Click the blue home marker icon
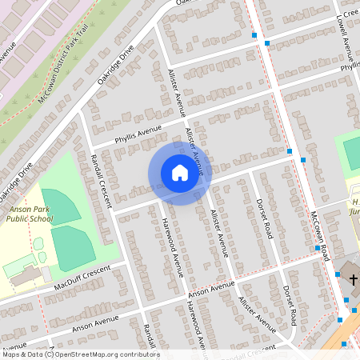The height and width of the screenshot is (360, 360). pos(180,173)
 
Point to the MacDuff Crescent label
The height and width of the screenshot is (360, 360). pos(80,275)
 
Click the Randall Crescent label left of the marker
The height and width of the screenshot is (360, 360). pos(100,180)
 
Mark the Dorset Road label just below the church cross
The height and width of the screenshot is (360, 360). pos(289,305)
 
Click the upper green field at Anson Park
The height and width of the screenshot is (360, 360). pos(61,206)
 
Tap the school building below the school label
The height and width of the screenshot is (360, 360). pos(24,276)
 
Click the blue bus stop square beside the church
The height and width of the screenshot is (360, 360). pos(338,274)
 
